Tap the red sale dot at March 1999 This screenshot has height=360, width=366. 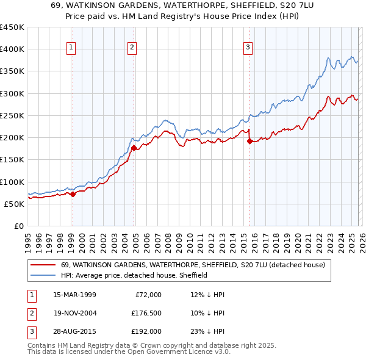pos(73,194)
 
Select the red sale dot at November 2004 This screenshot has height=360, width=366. pos(134,148)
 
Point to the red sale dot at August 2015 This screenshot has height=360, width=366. pos(249,141)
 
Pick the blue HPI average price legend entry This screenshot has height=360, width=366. pos(134,275)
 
